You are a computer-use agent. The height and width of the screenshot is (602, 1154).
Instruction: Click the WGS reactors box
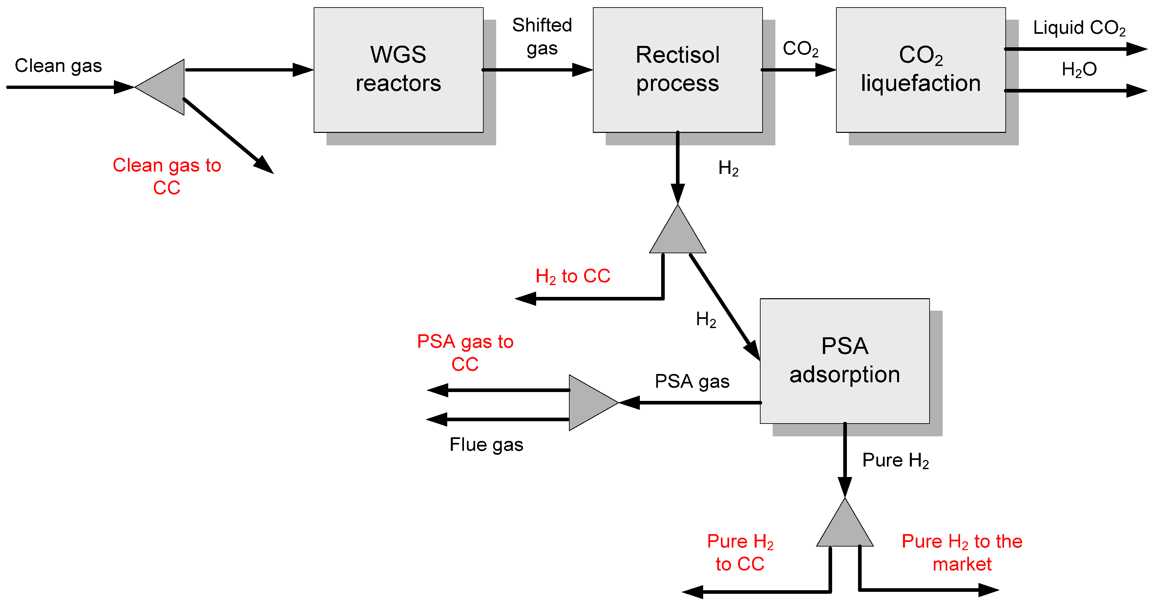(x=398, y=70)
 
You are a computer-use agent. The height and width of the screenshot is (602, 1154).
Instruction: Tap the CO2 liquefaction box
(x=921, y=70)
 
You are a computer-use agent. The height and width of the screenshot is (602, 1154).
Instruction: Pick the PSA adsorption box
(x=845, y=361)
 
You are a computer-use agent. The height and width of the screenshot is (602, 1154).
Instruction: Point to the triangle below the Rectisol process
(x=678, y=229)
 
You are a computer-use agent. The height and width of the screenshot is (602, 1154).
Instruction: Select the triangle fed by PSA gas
(x=594, y=403)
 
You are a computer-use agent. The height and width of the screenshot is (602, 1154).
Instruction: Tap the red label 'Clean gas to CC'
(x=167, y=176)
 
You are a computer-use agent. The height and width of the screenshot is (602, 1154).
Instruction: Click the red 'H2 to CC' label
(x=573, y=276)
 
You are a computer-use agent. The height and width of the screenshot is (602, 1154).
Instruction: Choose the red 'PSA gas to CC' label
(x=465, y=353)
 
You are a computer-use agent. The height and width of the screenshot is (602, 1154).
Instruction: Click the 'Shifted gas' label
(x=542, y=37)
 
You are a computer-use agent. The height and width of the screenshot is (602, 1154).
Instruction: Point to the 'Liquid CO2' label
(x=1079, y=28)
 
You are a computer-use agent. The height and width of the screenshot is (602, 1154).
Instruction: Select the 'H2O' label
(x=1079, y=70)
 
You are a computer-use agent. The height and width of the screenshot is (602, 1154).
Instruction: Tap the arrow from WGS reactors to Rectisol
(x=537, y=70)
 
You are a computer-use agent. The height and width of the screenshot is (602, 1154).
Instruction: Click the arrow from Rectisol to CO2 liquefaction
(x=799, y=70)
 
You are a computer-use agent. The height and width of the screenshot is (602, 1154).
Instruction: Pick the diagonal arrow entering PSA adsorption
(x=725, y=307)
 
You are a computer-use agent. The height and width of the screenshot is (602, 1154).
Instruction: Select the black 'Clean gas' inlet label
(x=58, y=66)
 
